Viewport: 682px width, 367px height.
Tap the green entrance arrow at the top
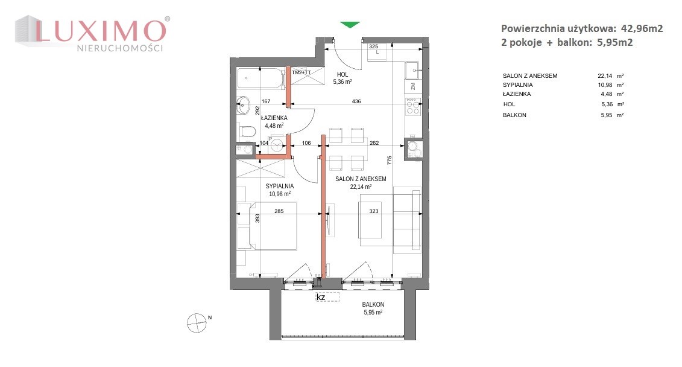[x=350, y=25]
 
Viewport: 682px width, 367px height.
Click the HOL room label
[x=343, y=74]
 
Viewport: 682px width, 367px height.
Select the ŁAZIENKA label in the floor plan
[x=274, y=118]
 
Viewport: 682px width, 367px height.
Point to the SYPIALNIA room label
[x=280, y=187]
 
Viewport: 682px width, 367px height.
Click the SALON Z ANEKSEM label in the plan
[x=361, y=179]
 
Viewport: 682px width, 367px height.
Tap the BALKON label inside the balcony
[x=373, y=305]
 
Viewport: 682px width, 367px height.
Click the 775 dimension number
[x=390, y=160]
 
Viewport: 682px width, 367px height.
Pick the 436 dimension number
[x=356, y=101]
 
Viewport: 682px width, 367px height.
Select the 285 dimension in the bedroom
[x=279, y=211]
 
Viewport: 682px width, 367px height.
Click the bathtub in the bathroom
[x=260, y=78]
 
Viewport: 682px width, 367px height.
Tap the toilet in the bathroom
[x=247, y=130]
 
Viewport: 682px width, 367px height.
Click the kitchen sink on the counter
[x=412, y=69]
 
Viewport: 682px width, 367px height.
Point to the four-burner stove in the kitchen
[x=413, y=106]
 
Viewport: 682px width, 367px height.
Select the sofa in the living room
[x=407, y=220]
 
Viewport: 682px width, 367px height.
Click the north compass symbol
[x=197, y=323]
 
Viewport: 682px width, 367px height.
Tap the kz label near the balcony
[x=321, y=298]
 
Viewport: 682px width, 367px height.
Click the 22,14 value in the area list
[x=605, y=75]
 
